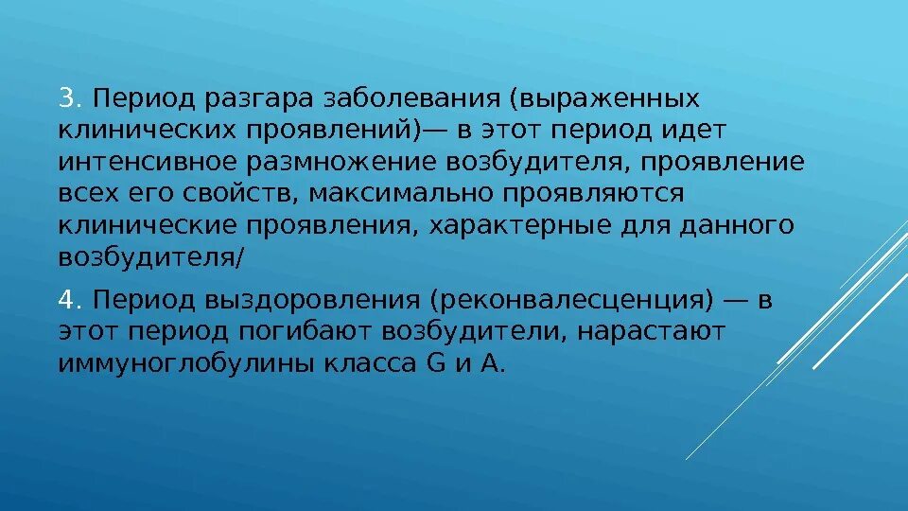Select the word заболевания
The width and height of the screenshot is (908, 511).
click(410, 99)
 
